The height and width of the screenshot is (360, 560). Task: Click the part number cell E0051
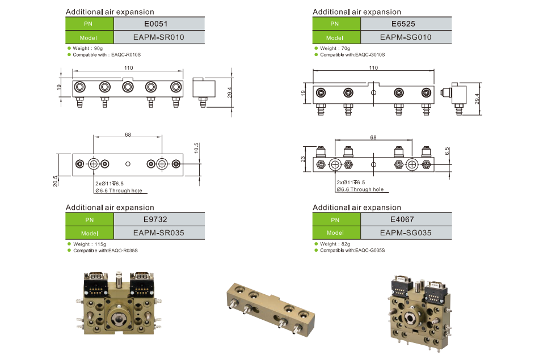pyautogui.click(x=159, y=24)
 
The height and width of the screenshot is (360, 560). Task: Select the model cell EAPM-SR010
pyautogui.click(x=159, y=37)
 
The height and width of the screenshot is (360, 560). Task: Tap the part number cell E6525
pyautogui.click(x=406, y=24)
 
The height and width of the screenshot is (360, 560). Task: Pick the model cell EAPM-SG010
pyautogui.click(x=406, y=37)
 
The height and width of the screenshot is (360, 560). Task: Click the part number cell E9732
pyautogui.click(x=159, y=219)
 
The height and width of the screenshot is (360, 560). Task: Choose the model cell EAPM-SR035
pyautogui.click(x=159, y=232)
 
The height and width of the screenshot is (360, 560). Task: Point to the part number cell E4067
pyautogui.click(x=406, y=219)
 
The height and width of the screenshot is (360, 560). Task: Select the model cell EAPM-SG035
pyautogui.click(x=406, y=232)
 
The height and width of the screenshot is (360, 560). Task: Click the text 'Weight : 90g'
pyautogui.click(x=87, y=49)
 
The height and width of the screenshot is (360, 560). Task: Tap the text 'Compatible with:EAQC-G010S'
pyautogui.click(x=352, y=55)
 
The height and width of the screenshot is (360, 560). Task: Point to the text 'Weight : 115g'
pyautogui.click(x=88, y=244)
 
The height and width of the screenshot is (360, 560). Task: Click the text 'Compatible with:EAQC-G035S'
pyautogui.click(x=352, y=250)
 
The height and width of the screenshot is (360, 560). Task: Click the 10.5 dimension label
pyautogui.click(x=196, y=148)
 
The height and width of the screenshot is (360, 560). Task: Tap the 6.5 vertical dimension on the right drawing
pyautogui.click(x=448, y=152)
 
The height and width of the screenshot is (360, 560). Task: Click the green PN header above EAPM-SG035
pyautogui.click(x=336, y=219)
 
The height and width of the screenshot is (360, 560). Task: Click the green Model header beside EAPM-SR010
pyautogui.click(x=89, y=37)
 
